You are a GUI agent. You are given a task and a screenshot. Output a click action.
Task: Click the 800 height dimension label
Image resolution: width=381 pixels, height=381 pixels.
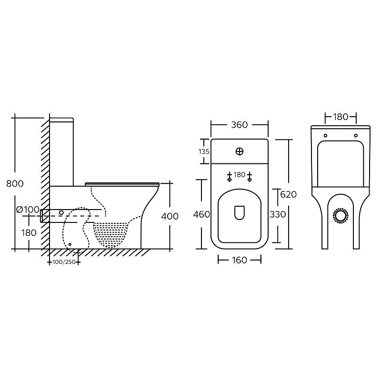(x=15, y=183)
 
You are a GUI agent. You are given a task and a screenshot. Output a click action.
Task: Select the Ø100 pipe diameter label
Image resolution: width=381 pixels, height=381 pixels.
(x=28, y=209)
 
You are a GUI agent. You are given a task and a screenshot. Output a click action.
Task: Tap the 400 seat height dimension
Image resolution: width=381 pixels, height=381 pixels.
(x=170, y=216)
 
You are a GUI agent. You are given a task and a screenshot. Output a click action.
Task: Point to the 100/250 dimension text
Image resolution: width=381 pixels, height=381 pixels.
(x=64, y=262)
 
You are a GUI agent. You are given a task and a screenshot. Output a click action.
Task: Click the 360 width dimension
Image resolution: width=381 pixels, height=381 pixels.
(x=240, y=125)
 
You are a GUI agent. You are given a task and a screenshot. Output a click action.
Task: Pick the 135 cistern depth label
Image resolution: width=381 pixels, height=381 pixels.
(x=204, y=151)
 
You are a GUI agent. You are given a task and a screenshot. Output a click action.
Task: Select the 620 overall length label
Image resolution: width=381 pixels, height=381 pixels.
(x=289, y=194)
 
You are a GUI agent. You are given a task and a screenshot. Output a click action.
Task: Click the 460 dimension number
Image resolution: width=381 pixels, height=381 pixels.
(x=201, y=214)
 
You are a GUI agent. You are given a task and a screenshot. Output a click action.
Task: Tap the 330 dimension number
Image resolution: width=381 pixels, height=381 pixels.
(x=278, y=214)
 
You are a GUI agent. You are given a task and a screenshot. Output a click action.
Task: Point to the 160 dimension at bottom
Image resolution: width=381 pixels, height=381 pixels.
(x=240, y=260)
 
